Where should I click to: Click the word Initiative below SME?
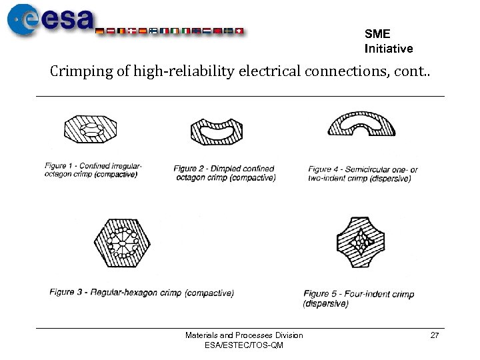pos(389,49)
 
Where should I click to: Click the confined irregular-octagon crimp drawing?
pos(89,129)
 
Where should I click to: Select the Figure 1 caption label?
pos(65,166)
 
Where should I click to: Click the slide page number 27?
pos(435,335)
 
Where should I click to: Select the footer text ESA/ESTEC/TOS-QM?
pos(244,345)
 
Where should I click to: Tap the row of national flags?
pos(170,31)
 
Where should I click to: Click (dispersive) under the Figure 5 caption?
pos(326,304)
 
